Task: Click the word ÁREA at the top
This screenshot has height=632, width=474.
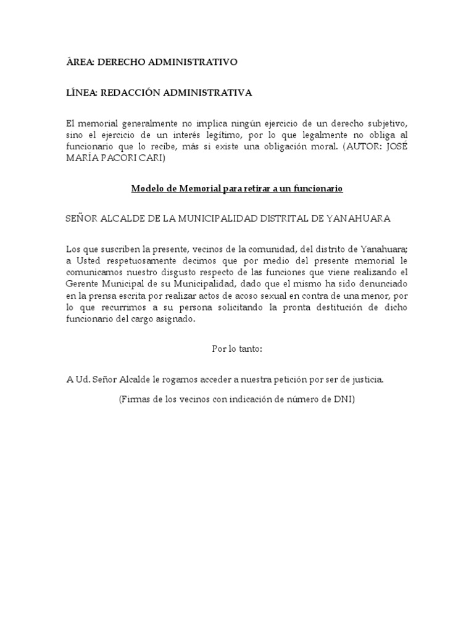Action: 79,62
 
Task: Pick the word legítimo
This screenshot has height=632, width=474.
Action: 257,135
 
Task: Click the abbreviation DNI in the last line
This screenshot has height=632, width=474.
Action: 344,399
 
